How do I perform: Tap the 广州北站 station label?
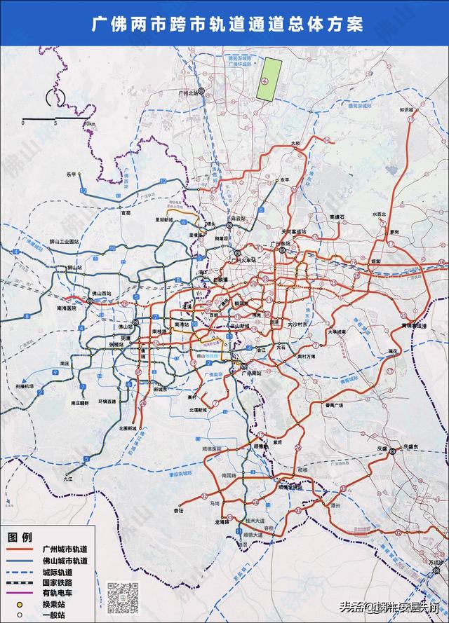pos(189,92)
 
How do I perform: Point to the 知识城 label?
pos(408,110)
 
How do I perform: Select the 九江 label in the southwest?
pos(68,481)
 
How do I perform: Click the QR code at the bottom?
pos(122,597)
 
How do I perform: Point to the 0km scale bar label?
pos(89,123)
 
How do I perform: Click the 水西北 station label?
pos(379,214)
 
